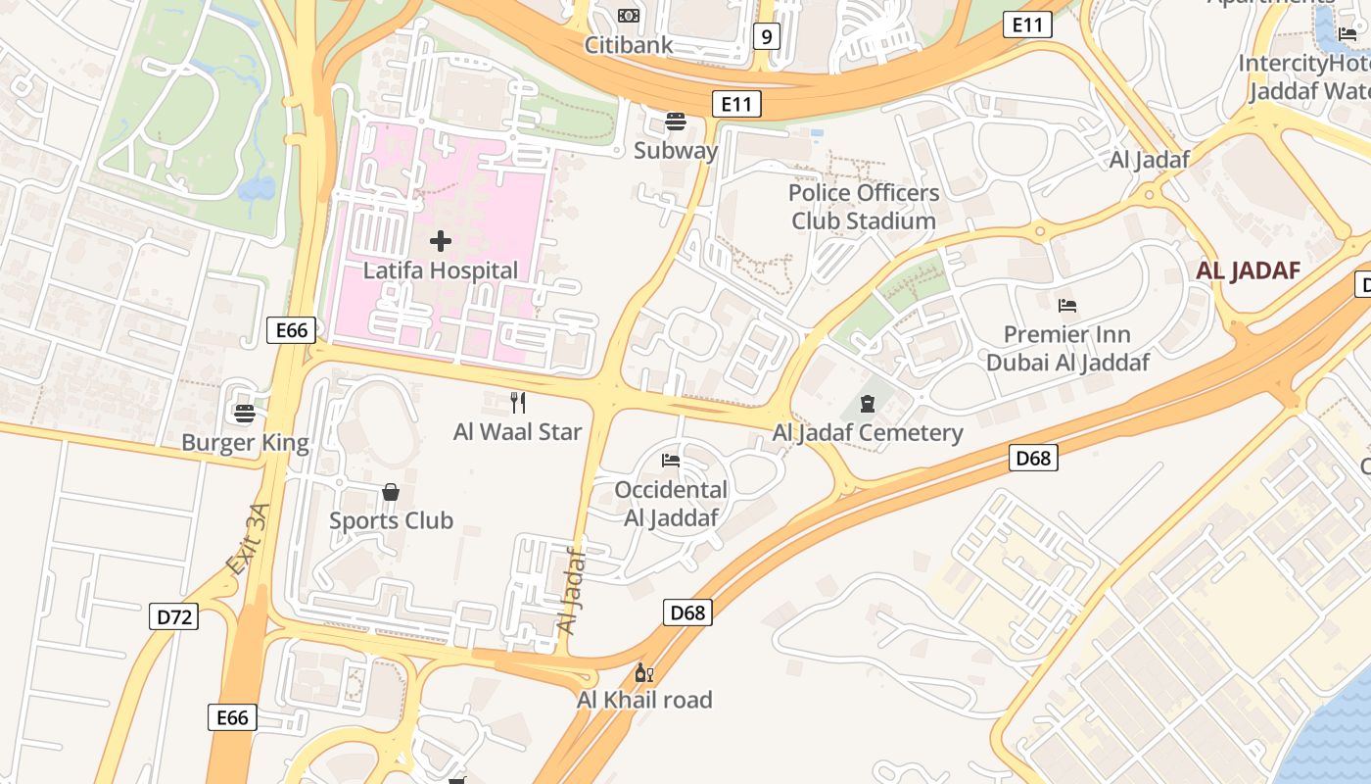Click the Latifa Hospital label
click(x=441, y=270)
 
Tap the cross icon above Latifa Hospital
click(x=441, y=240)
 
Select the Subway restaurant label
click(x=676, y=151)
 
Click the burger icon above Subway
click(x=676, y=122)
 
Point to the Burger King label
click(x=245, y=443)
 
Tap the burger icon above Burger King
click(x=245, y=414)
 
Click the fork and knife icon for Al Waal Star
click(x=518, y=402)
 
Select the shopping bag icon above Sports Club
click(x=391, y=491)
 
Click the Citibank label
click(x=629, y=45)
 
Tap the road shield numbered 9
click(x=767, y=37)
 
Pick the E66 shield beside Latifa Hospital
click(x=292, y=330)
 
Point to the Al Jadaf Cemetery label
click(x=868, y=433)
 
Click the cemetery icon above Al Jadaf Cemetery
click(x=868, y=403)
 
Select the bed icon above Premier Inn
click(x=1067, y=306)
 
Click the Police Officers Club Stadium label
click(x=864, y=207)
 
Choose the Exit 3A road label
click(x=247, y=539)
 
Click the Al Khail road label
click(x=644, y=701)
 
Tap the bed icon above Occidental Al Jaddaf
click(x=671, y=460)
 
